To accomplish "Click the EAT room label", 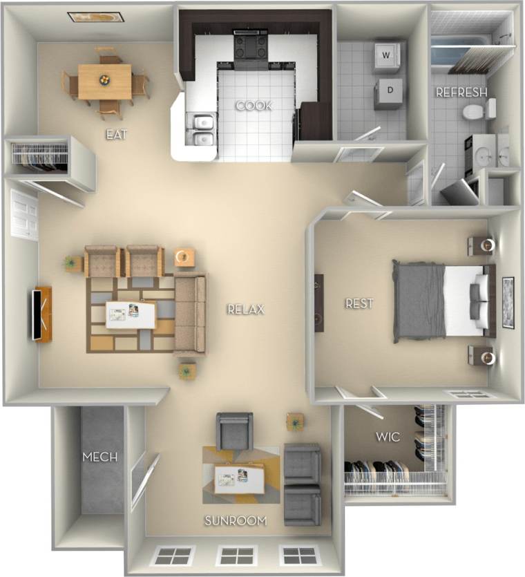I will tap(115, 135).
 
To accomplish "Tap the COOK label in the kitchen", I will tap(254, 106).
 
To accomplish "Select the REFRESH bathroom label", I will tap(461, 92).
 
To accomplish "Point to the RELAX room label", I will tap(246, 309).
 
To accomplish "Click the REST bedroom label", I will tap(359, 303).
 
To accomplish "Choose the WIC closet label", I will tap(387, 437).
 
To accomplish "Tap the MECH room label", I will tap(100, 457).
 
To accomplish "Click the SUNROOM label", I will tap(236, 520).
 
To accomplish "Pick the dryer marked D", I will tap(389, 91).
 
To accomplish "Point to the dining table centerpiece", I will tap(105, 79).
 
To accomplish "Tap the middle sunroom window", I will tap(236, 555).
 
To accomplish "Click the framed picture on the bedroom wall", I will tap(508, 302).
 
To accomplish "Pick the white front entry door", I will tap(25, 215).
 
